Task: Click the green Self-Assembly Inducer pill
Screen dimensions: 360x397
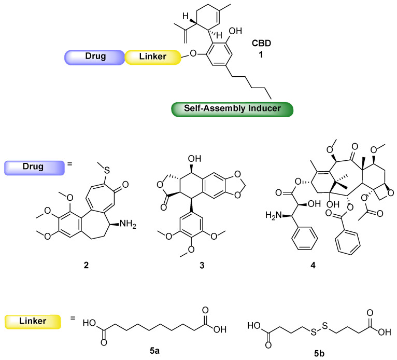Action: [232, 109]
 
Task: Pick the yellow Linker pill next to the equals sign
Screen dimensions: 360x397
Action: [33, 323]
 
